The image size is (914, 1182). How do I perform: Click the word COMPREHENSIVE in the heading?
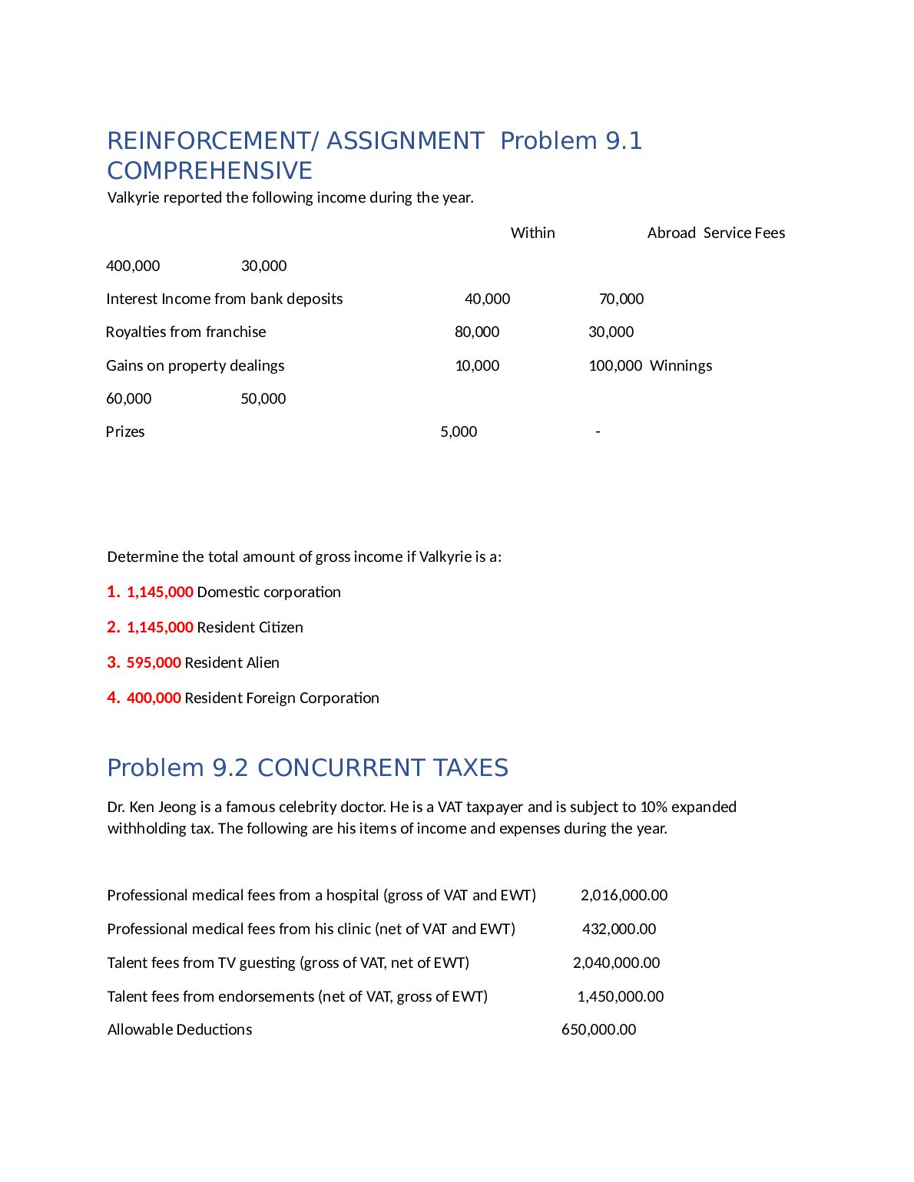pos(210,170)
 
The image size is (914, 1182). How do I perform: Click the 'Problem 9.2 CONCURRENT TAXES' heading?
pos(307,768)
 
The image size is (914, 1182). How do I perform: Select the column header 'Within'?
pos(532,233)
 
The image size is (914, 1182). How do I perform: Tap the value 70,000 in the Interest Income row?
pos(621,299)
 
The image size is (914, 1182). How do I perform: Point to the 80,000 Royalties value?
pos(476,332)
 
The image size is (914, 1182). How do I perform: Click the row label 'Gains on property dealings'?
pos(195,365)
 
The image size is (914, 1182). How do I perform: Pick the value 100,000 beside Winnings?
pos(614,365)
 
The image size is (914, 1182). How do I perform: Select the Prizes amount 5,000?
pos(459,431)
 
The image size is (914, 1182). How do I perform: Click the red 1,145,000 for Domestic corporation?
pos(160,592)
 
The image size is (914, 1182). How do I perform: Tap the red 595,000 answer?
pos(154,662)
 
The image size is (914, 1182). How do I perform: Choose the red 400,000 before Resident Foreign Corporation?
pos(154,698)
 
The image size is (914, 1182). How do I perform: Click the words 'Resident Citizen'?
pos(250,627)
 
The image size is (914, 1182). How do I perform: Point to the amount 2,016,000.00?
pos(624,895)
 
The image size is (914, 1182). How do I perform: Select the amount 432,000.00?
pos(619,929)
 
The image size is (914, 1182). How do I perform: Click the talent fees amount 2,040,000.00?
pos(616,962)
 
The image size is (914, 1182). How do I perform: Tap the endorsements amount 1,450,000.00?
pos(620,996)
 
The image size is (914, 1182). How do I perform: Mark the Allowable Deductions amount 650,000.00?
pos(598,1029)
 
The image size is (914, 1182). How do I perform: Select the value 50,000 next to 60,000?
pos(263,398)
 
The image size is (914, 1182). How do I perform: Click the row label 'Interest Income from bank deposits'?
pos(224,299)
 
